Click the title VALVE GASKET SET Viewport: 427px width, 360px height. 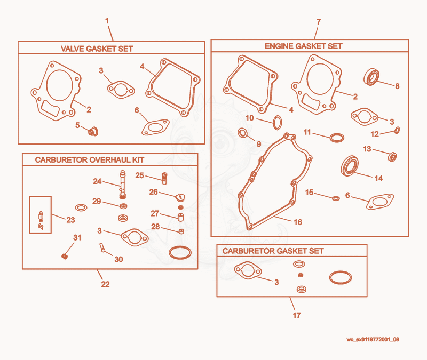click(97, 49)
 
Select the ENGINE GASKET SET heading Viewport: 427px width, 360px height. click(303, 46)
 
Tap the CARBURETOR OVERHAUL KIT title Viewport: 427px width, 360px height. click(90, 159)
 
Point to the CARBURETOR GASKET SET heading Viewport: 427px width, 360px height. click(273, 251)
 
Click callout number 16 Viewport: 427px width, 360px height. click(298, 222)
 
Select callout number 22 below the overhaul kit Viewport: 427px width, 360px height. click(105, 284)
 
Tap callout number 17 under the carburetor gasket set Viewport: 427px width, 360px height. click(297, 315)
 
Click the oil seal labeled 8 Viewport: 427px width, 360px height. click(371, 77)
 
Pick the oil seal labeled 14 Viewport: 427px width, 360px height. click(350, 166)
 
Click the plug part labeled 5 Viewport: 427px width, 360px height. click(93, 131)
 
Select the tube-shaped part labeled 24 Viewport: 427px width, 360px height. click(123, 185)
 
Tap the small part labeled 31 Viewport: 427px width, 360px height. click(65, 257)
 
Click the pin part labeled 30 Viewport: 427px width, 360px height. click(102, 247)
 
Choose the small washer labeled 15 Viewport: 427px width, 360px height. click(336, 198)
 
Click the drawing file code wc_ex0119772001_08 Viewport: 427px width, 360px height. click(373, 339)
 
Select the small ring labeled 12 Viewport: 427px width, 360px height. click(397, 130)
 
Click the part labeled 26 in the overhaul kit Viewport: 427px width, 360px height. click(180, 197)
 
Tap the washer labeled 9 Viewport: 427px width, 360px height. click(242, 133)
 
